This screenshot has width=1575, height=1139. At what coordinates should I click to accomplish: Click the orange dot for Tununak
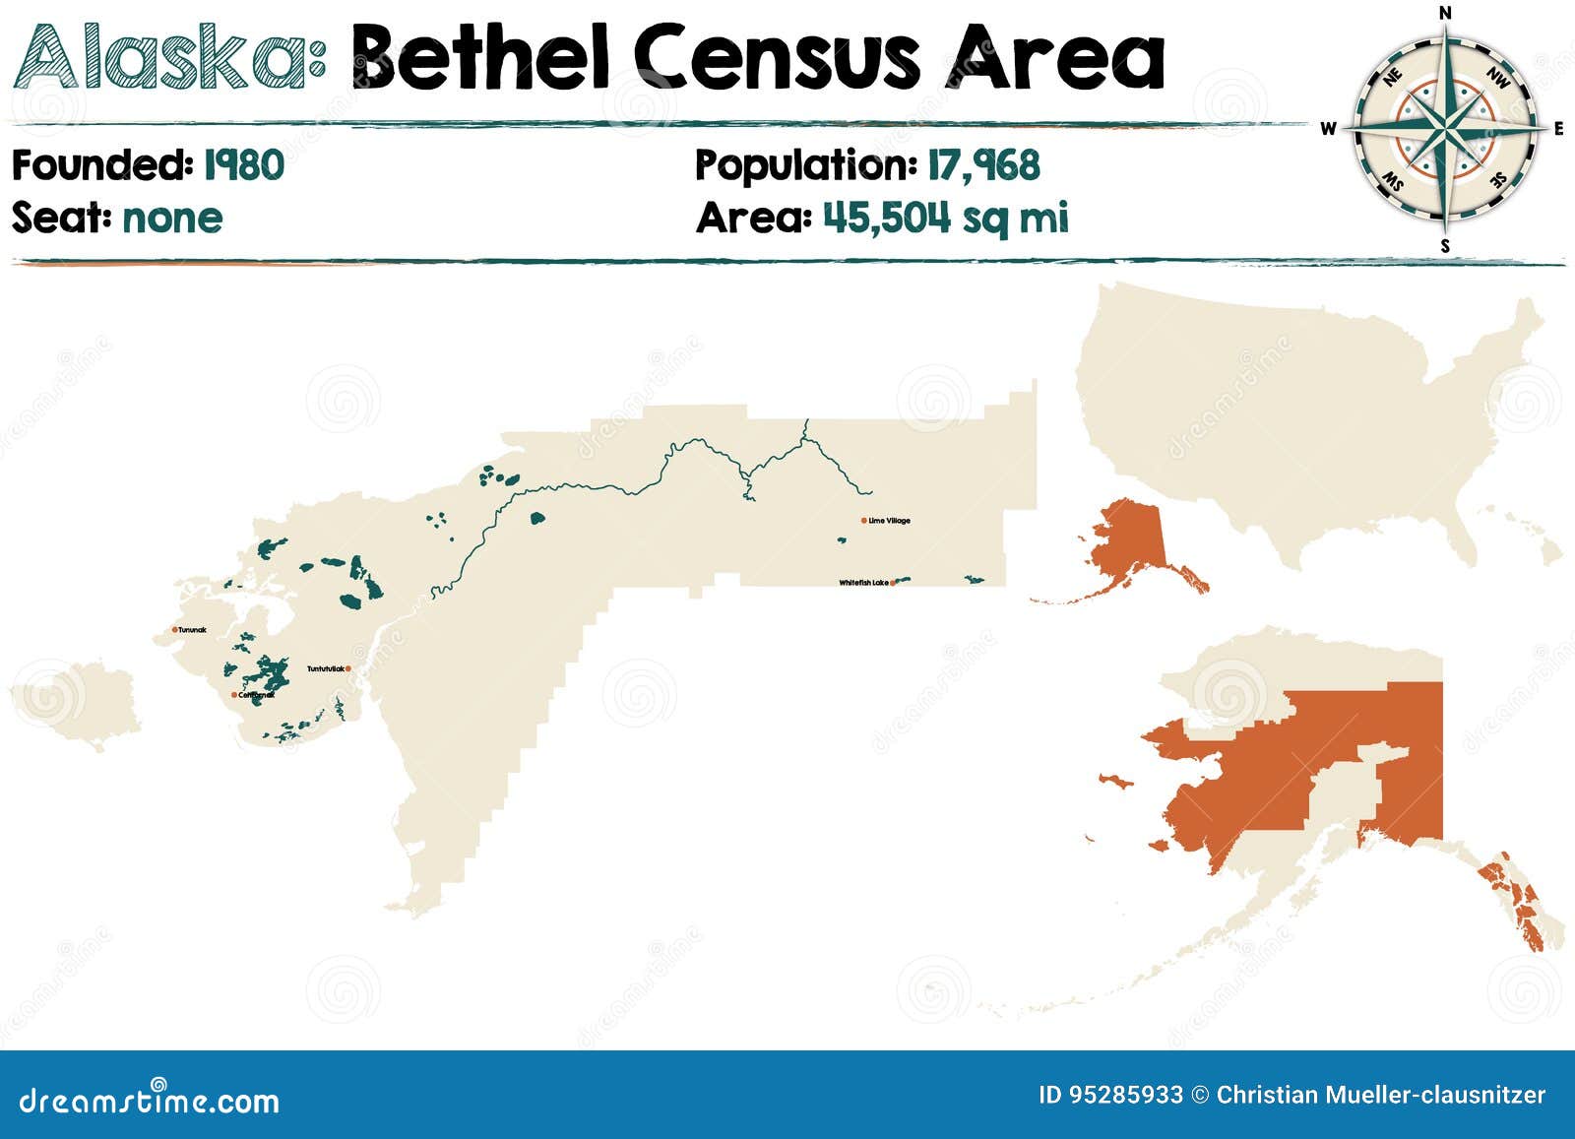pyautogui.click(x=174, y=629)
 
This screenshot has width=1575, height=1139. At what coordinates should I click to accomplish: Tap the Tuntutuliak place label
pyautogui.click(x=326, y=669)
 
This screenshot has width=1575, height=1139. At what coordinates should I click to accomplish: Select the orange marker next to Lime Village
pyautogui.click(x=863, y=520)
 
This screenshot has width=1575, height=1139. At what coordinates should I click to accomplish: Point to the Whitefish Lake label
pyautogui.click(x=862, y=583)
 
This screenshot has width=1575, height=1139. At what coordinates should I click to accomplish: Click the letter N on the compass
pyautogui.click(x=1445, y=13)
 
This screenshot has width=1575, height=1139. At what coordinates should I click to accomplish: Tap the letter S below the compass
pyautogui.click(x=1445, y=246)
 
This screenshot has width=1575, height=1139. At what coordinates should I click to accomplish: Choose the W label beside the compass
pyautogui.click(x=1328, y=129)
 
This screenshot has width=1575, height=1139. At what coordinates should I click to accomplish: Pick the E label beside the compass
pyautogui.click(x=1559, y=129)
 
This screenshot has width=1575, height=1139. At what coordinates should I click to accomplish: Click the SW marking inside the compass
pyautogui.click(x=1393, y=180)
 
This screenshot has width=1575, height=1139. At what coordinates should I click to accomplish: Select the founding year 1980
pyautogui.click(x=243, y=164)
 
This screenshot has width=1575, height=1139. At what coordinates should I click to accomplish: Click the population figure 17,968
pyautogui.click(x=982, y=164)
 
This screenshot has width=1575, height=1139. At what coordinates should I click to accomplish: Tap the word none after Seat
pyautogui.click(x=172, y=218)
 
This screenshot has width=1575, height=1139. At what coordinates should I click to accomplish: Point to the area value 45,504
pyautogui.click(x=886, y=218)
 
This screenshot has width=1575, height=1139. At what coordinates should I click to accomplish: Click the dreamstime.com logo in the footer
pyautogui.click(x=150, y=1099)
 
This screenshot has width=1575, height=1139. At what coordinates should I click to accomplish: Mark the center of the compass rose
pyautogui.click(x=1445, y=129)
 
